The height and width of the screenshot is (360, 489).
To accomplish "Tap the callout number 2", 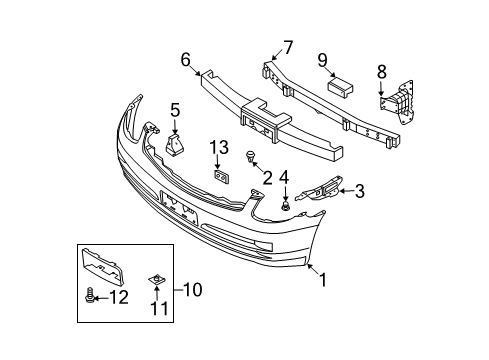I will point(267,177).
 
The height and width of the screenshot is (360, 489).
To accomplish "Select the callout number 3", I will point(359,191).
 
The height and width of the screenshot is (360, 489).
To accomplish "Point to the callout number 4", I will point(284,180).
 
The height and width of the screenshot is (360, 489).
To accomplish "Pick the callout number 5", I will point(174,110).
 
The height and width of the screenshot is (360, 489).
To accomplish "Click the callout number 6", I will point(185,61).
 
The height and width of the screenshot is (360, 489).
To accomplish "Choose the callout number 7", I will point(287,46).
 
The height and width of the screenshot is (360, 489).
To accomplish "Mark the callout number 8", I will point(381,72).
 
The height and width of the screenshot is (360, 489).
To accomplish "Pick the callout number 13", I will point(219,148).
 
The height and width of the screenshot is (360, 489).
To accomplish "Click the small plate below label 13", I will point(222,177).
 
